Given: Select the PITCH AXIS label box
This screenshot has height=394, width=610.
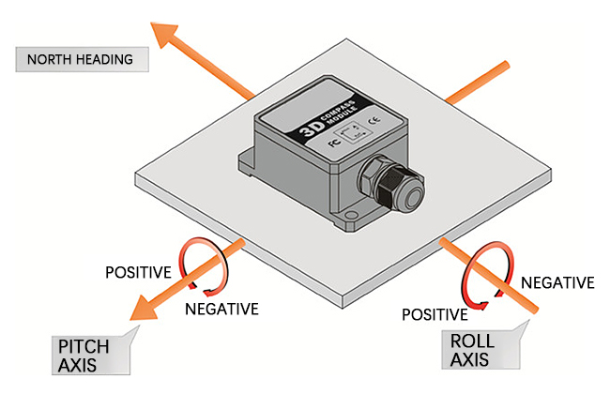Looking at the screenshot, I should [x=89, y=356].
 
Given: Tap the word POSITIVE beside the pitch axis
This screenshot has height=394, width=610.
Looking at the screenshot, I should [x=137, y=273].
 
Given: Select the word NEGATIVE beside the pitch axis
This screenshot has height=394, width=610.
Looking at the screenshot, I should [x=221, y=308].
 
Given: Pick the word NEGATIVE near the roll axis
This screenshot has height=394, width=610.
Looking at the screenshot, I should [x=557, y=281].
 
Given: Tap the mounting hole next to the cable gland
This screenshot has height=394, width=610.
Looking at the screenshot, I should [x=350, y=221].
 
